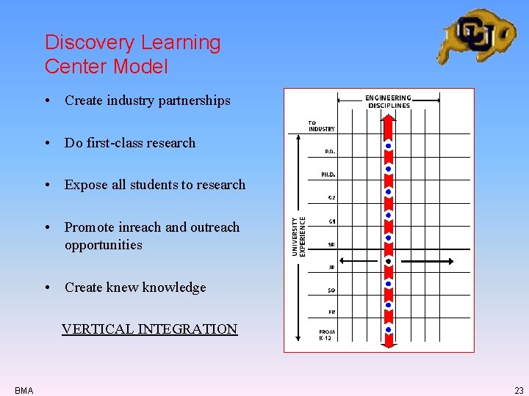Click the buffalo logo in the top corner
point(476,34)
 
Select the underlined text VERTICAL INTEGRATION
point(149,329)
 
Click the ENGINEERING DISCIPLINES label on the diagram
point(388,101)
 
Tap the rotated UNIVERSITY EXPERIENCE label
point(298,235)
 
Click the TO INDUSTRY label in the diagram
point(321,126)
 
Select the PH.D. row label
point(328,175)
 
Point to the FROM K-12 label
point(327,335)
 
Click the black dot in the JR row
point(388,261)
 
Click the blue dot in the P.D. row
point(388,147)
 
